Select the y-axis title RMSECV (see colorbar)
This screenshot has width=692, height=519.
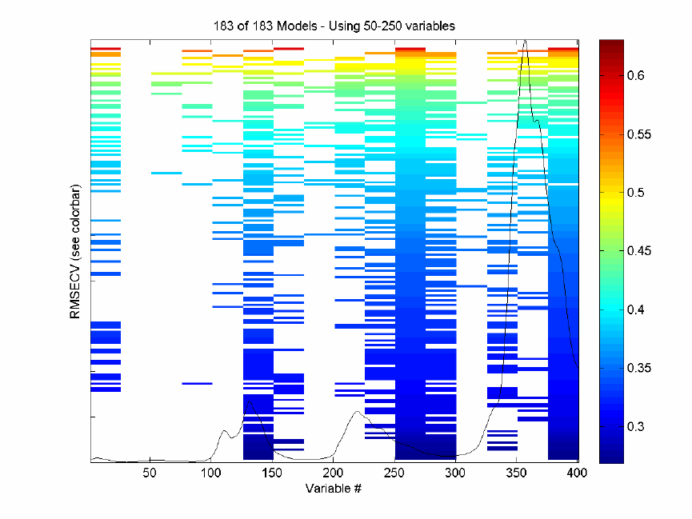76,252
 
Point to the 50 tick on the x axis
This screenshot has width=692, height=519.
149,473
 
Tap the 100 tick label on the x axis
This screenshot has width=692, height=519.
210,473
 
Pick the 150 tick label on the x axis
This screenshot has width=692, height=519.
271,473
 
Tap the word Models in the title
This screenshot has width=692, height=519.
282,26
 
